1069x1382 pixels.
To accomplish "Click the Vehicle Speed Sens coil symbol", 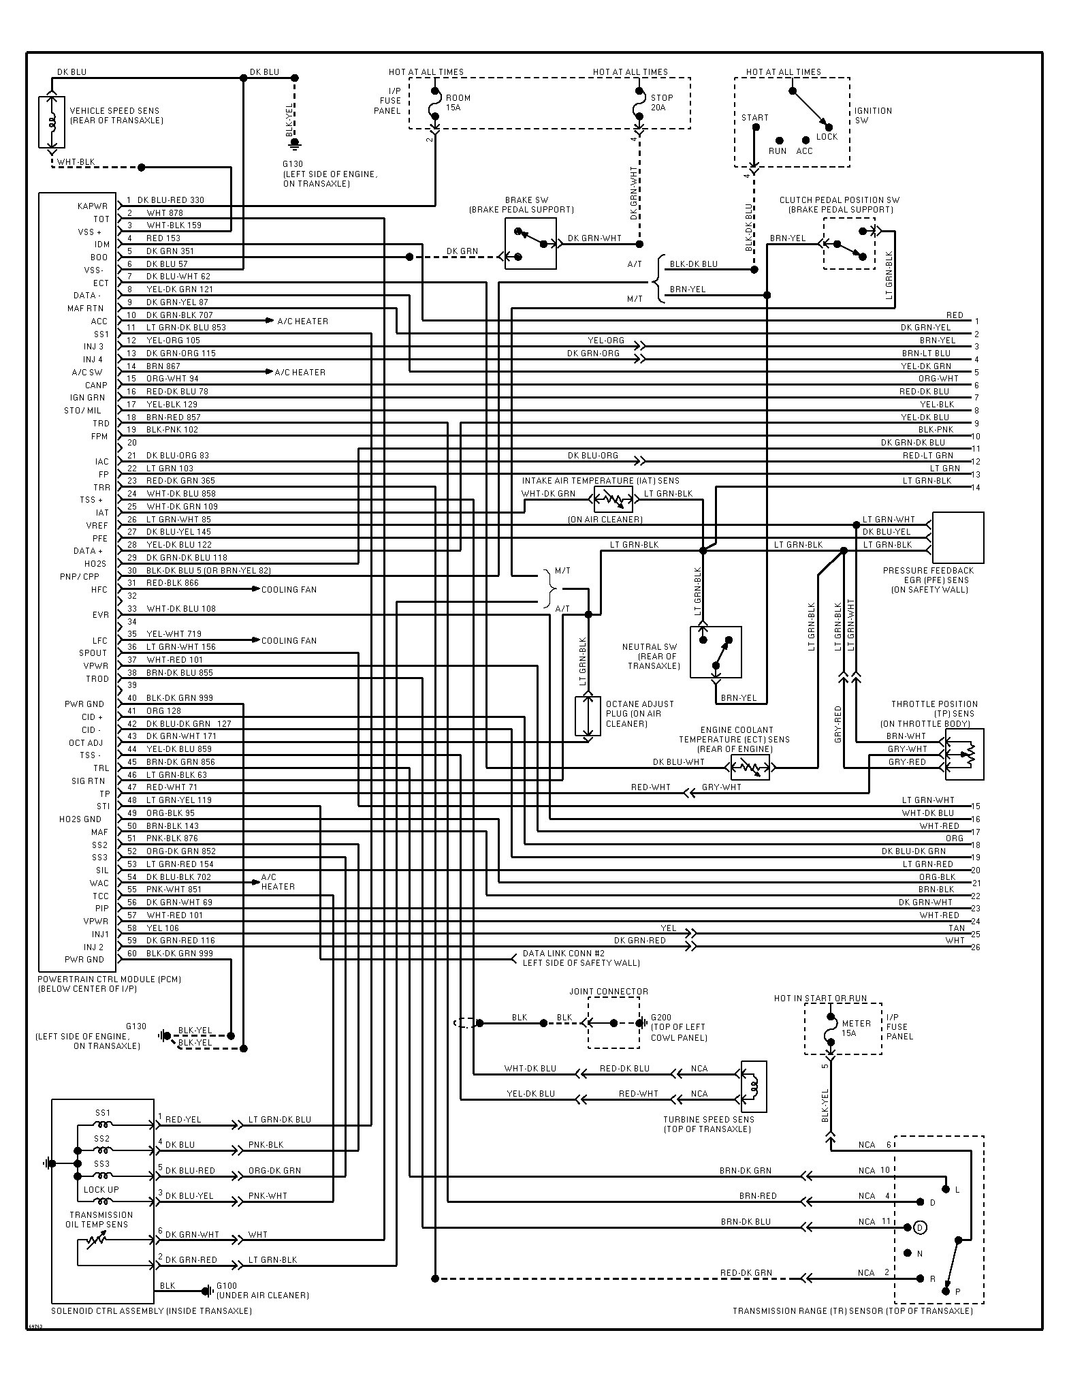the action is [x=51, y=122].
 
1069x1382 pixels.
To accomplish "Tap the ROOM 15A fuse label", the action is [x=458, y=102].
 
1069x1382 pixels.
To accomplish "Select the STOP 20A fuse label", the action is [x=662, y=102].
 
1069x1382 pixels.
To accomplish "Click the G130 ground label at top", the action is [x=293, y=164].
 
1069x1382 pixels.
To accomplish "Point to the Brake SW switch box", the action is [x=530, y=243].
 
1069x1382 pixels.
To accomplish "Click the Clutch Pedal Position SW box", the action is [x=849, y=243].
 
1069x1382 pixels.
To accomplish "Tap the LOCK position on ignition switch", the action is [x=827, y=136].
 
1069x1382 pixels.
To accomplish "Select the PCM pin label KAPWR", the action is [x=93, y=206].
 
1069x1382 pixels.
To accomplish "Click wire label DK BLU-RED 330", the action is [x=171, y=200].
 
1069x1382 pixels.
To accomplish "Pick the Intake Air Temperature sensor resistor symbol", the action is [x=613, y=499].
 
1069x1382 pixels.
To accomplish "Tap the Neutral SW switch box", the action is [x=716, y=652].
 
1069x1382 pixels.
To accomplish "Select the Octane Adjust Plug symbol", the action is [x=588, y=716].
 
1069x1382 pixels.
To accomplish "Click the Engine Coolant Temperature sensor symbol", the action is [x=750, y=767].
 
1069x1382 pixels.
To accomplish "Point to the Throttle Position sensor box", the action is [x=964, y=754].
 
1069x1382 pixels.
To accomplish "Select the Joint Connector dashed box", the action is [x=613, y=1023].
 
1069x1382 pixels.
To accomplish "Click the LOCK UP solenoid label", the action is [x=101, y=1189].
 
